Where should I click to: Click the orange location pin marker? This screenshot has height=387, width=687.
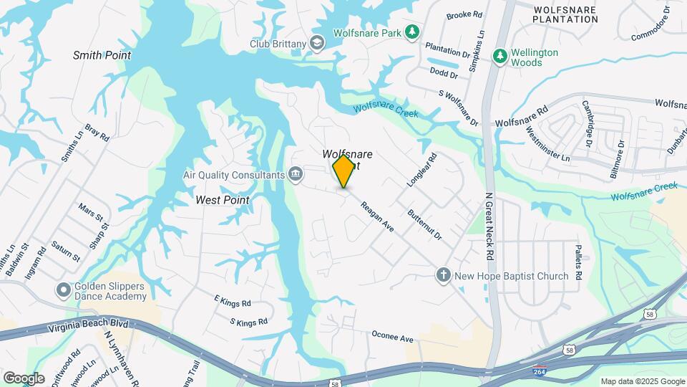coord(343,171)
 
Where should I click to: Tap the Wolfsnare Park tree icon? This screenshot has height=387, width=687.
coord(411,32)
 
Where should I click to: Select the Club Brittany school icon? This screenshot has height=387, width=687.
coord(316,44)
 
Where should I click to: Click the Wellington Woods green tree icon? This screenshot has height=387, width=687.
coord(500,55)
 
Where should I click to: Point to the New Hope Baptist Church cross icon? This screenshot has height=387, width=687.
coord(443,275)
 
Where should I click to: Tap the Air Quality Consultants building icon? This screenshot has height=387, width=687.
coord(294,174)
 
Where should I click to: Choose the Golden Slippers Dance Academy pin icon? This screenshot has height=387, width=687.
coord(63,290)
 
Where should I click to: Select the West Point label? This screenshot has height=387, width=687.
coord(222,200)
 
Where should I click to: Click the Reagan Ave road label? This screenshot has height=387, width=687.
coord(378,215)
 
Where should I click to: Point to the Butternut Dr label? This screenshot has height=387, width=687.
coord(424,224)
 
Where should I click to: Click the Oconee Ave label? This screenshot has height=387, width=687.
coord(393,337)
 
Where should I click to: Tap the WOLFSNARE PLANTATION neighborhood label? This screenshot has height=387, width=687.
coord(565,14)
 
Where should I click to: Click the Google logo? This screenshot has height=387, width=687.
coord(24,378)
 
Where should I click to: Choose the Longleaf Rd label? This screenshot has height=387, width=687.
coord(421,170)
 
